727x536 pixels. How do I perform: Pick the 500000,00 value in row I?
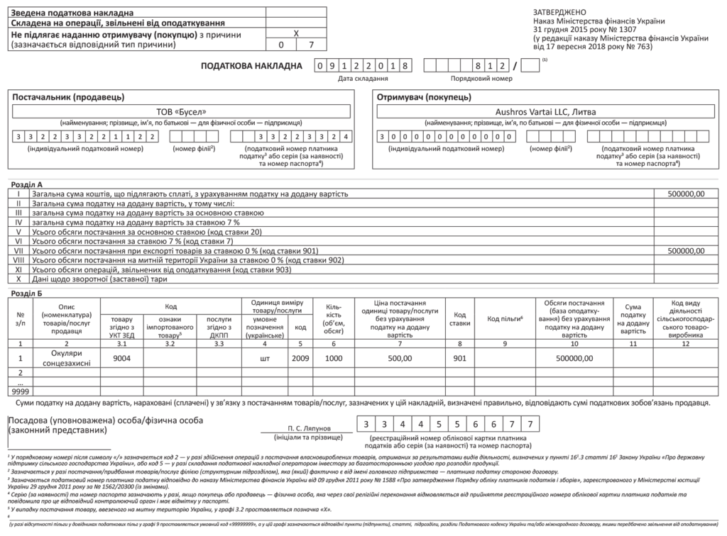coord(687,193)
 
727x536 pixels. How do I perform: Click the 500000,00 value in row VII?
coord(687,251)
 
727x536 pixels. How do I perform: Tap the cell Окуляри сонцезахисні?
coord(67,357)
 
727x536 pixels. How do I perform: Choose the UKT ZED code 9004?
coord(123,358)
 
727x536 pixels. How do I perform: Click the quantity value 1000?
coord(333,358)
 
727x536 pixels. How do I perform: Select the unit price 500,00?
coord(400,358)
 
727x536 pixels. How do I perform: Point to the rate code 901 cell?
coord(460,358)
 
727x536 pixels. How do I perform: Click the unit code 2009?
coord(300,358)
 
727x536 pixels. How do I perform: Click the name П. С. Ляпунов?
coord(309,429)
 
